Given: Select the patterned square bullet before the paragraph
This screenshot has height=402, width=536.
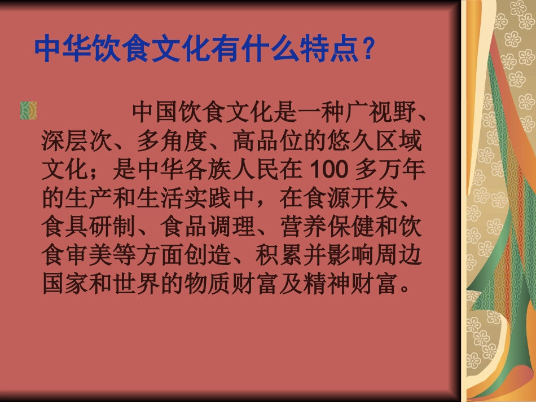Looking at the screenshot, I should tap(28, 111).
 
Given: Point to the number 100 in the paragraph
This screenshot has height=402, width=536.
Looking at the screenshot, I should tap(327, 170).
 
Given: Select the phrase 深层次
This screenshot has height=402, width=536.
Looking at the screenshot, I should tap(77, 141).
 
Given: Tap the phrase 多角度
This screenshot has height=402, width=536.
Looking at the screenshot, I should tap(172, 141).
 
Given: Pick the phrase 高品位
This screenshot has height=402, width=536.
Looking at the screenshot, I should tap(267, 141).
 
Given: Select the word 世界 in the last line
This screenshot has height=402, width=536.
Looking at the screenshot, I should tap(148, 285).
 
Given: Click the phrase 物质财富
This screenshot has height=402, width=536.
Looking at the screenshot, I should tap(231, 285).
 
